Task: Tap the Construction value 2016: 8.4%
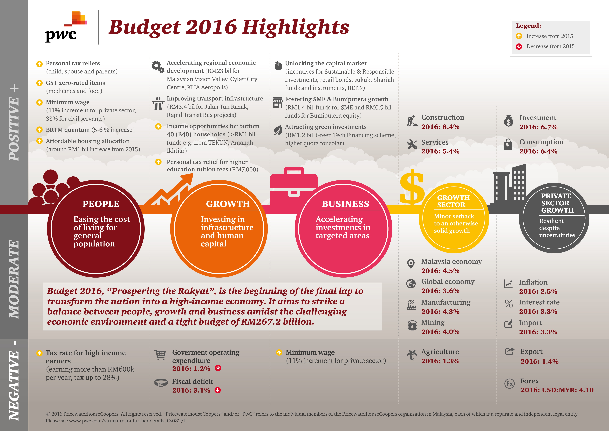point(440,127)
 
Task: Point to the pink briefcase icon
point(293,186)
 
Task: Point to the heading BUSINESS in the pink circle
point(345,204)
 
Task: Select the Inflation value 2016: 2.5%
point(538,291)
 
